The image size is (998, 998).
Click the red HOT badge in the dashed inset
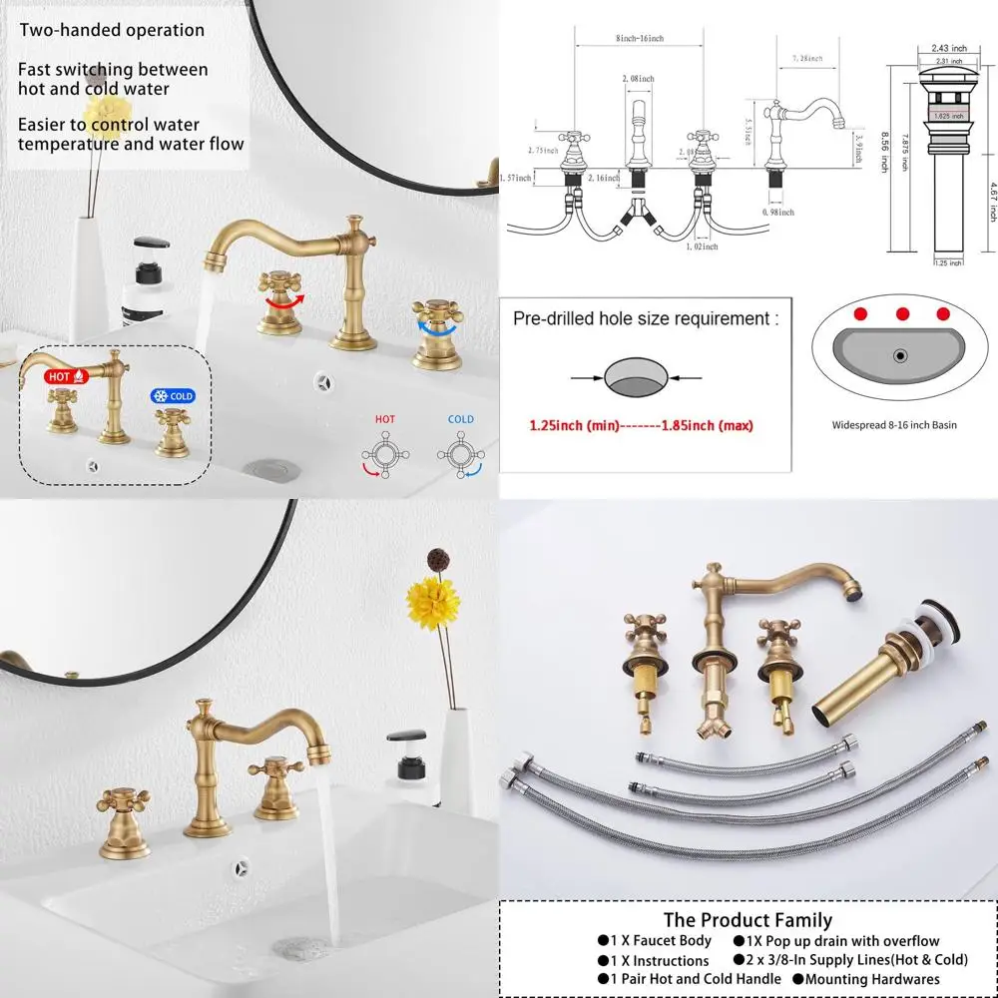(x=66, y=377)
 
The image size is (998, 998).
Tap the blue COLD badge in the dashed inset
(x=172, y=396)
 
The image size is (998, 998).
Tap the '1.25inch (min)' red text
(x=574, y=425)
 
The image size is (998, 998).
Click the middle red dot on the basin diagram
(x=902, y=313)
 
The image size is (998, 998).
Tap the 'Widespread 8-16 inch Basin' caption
(x=894, y=424)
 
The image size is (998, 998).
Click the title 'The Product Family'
(x=747, y=920)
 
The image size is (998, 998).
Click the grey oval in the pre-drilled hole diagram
(x=635, y=377)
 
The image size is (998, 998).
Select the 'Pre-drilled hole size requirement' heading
(x=645, y=319)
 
